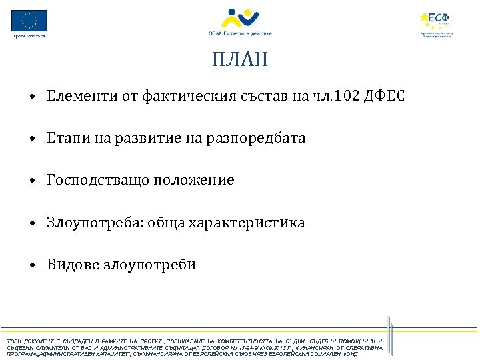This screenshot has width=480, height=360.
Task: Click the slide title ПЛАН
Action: click(240, 60)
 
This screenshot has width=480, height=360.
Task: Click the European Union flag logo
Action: click(29, 20)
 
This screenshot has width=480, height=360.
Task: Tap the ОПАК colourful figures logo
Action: click(239, 18)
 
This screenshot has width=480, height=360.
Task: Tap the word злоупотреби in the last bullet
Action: click(149, 265)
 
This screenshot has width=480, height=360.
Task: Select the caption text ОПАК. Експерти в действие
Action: click(239, 33)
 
